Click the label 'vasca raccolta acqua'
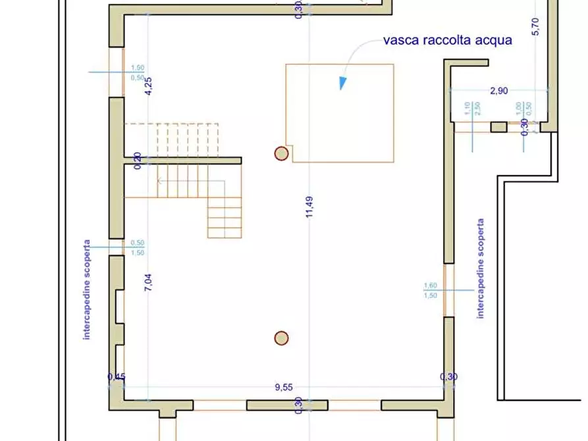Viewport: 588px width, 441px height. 447,41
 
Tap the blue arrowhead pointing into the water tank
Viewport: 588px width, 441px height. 342,82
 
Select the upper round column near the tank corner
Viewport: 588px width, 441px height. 281,154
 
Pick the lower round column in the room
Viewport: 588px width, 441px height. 281,338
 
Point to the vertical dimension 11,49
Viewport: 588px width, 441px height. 311,208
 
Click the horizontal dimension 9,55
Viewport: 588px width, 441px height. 284,388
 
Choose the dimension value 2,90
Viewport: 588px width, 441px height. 498,91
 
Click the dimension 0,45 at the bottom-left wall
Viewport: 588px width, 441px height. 116,377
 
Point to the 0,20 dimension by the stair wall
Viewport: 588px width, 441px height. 138,161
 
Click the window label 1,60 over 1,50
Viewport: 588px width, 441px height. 431,290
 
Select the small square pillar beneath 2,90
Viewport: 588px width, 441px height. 499,127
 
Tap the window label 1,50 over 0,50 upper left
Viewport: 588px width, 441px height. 138,72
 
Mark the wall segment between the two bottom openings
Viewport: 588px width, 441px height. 286,405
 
